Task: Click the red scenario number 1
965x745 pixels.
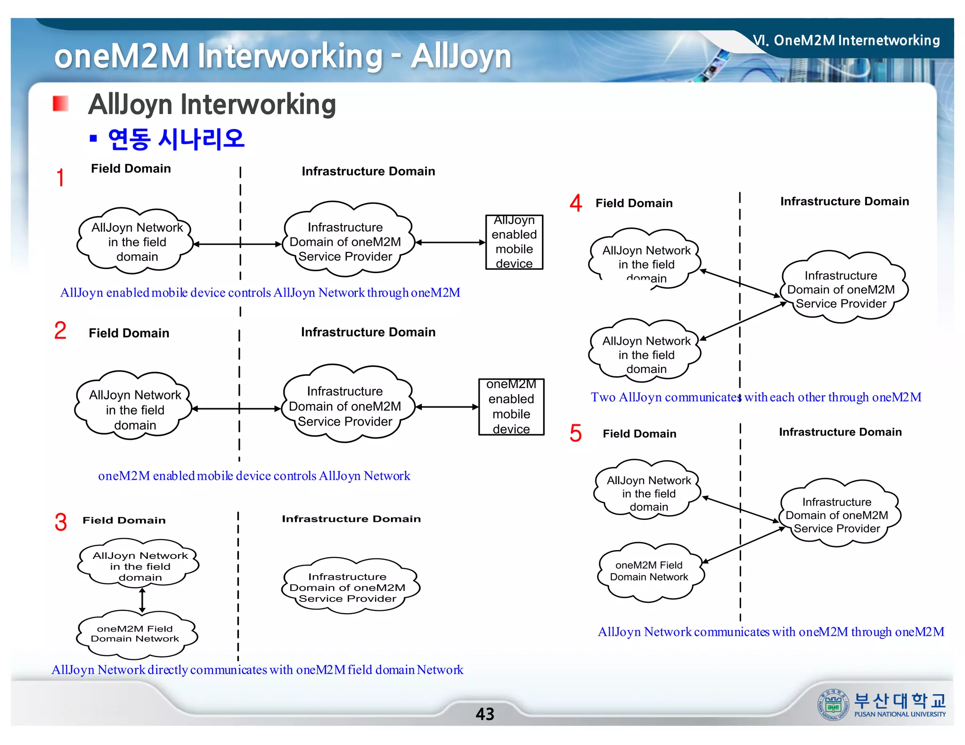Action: click(x=60, y=178)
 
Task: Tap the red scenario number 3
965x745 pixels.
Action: click(x=61, y=522)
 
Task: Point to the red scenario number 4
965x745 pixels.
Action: click(x=576, y=203)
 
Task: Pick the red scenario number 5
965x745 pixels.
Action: click(x=575, y=433)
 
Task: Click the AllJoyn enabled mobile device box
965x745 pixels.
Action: click(x=514, y=242)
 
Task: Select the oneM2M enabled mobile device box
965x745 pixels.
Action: click(x=511, y=407)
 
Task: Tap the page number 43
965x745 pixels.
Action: click(x=485, y=714)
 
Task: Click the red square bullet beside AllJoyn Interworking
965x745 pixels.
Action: click(x=60, y=104)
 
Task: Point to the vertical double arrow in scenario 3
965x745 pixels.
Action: click(x=142, y=600)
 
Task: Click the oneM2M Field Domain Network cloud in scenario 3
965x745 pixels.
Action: click(x=136, y=633)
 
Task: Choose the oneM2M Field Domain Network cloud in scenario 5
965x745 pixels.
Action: click(x=649, y=571)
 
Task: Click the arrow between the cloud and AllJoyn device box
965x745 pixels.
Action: click(x=450, y=243)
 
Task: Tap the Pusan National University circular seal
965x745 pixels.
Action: click(x=833, y=705)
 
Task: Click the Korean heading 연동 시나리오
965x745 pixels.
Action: click(x=176, y=139)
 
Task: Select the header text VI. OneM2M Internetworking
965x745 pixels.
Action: click(x=846, y=40)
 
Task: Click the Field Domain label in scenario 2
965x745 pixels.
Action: click(x=129, y=333)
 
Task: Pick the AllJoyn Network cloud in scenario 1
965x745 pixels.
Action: click(x=137, y=242)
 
